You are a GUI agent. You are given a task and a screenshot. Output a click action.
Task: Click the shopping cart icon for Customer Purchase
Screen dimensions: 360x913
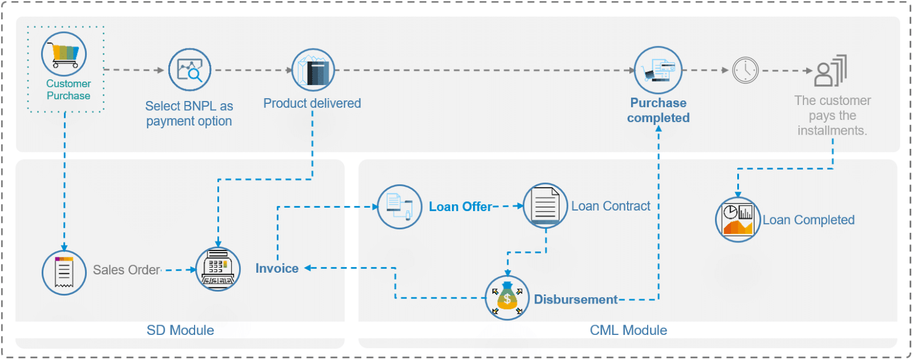click(x=64, y=55)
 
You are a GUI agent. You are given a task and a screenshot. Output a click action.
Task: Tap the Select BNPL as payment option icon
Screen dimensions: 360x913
click(x=190, y=70)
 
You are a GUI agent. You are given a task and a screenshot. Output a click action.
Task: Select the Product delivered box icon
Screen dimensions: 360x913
click(x=313, y=70)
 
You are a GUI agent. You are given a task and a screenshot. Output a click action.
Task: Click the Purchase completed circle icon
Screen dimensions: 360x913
click(x=659, y=70)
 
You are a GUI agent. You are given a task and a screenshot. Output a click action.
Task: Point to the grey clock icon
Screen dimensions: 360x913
click(x=745, y=71)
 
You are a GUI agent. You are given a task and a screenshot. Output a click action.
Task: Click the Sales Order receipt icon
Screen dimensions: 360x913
click(x=64, y=273)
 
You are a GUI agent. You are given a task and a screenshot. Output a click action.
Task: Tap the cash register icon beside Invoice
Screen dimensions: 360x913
click(x=218, y=269)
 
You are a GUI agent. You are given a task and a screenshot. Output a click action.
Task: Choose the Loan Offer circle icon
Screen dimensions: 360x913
click(x=399, y=207)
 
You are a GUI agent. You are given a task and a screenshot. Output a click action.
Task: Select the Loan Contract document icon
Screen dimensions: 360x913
click(x=545, y=205)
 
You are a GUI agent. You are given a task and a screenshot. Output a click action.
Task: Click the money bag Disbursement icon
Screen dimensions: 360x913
click(x=507, y=298)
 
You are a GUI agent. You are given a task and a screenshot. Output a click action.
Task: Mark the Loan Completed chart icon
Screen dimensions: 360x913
click(x=738, y=220)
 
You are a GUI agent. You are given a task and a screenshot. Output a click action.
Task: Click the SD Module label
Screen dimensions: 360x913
click(x=180, y=330)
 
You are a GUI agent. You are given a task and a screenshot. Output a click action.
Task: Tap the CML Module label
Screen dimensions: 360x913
click(x=628, y=330)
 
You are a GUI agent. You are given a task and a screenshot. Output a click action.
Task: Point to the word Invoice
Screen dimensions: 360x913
click(x=277, y=268)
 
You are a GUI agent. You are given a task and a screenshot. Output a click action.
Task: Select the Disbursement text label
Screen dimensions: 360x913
click(x=575, y=300)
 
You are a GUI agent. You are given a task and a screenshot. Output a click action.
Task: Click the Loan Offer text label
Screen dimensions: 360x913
click(x=460, y=207)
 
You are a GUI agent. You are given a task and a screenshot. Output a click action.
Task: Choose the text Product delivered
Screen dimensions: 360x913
click(x=312, y=103)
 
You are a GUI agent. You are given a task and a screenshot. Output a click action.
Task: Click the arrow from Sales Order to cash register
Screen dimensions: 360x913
click(x=179, y=270)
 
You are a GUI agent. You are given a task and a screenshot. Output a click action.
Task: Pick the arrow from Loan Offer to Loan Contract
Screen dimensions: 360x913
click(x=508, y=206)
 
